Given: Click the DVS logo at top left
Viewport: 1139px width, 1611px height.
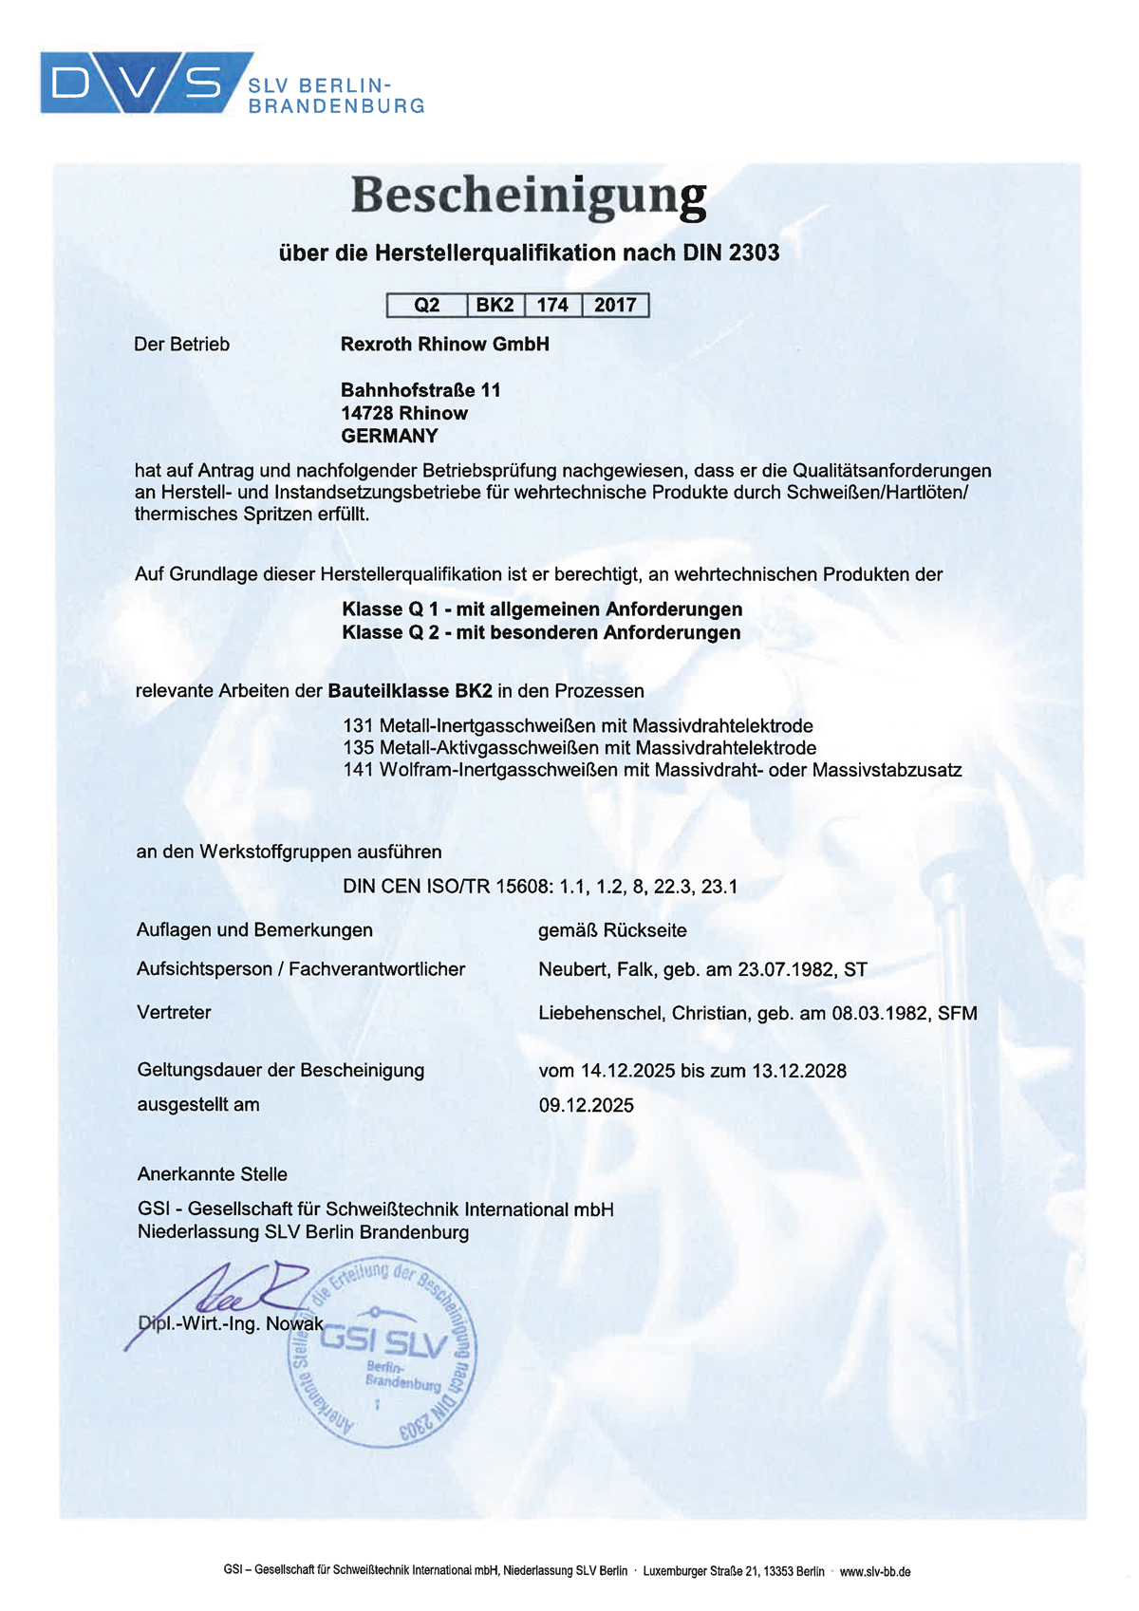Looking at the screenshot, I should pos(142,83).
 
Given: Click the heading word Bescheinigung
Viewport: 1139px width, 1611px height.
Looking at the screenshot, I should pos(529,197).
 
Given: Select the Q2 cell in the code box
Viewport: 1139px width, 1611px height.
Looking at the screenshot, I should pos(427,305).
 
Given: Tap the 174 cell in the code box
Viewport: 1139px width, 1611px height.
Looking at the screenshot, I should pos(552,305).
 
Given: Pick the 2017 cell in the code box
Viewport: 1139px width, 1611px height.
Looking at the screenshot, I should pos(615,305).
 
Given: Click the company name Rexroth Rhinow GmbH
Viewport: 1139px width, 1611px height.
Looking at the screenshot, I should pos(444,344).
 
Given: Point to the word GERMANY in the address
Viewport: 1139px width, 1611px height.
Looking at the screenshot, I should pos(389,436).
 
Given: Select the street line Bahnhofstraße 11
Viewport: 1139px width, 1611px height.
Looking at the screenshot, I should pos(420,389).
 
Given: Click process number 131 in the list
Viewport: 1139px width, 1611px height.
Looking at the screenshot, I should pos(358,726).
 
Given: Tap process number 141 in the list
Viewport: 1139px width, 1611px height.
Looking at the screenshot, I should pos(358,770).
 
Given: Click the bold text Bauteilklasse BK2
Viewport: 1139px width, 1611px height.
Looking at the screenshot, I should pos(410,691).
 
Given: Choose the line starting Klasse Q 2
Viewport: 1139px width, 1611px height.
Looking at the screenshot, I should pos(541,632).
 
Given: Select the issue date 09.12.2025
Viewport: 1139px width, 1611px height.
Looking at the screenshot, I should pos(586,1105).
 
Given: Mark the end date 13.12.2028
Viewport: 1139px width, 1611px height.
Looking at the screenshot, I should pos(798,1071).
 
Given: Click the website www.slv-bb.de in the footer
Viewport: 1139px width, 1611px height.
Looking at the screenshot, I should pos(874,1571).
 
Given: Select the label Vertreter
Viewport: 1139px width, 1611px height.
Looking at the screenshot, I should pos(174,1012).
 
